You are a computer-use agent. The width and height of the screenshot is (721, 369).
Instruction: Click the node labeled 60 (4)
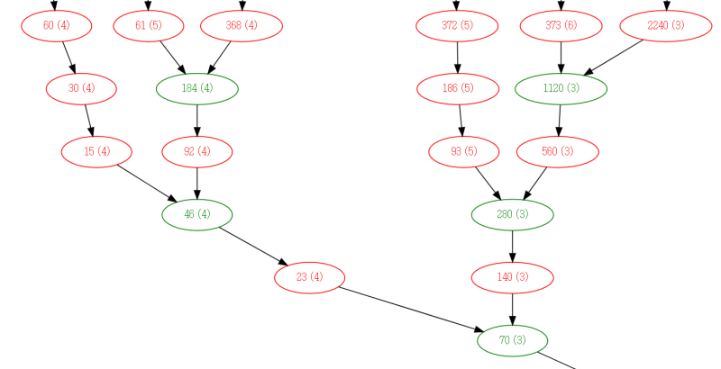56,26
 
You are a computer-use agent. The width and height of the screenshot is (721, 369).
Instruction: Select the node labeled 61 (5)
149,26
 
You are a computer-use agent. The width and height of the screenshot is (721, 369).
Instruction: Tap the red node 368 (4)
242,26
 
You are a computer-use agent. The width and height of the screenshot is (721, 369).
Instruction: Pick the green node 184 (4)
197,88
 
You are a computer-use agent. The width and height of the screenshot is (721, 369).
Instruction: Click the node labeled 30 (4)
81,88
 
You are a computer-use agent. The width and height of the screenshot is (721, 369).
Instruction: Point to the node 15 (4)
96,151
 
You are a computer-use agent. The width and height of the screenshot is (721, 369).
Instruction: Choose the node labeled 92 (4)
197,151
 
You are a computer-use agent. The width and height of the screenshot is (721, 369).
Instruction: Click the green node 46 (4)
197,214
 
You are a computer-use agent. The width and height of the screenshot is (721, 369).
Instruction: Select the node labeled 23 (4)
309,277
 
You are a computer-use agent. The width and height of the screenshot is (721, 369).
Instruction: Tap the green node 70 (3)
512,340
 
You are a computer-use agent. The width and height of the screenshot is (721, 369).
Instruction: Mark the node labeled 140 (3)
512,277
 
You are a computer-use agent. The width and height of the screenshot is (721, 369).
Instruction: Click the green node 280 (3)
512,214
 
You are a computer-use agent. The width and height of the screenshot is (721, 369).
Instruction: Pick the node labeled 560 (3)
558,151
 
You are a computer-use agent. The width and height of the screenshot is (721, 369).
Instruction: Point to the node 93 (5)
464,151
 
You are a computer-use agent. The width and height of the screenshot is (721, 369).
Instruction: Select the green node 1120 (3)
561,88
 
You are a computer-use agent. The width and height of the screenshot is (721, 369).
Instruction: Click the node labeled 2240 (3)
666,26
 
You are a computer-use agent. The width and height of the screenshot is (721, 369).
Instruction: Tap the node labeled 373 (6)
561,26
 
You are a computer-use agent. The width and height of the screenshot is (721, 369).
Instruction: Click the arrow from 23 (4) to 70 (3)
411,309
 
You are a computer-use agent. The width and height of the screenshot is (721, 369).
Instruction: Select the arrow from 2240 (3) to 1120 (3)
614,58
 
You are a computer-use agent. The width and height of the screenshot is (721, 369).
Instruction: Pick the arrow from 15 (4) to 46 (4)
147,183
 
